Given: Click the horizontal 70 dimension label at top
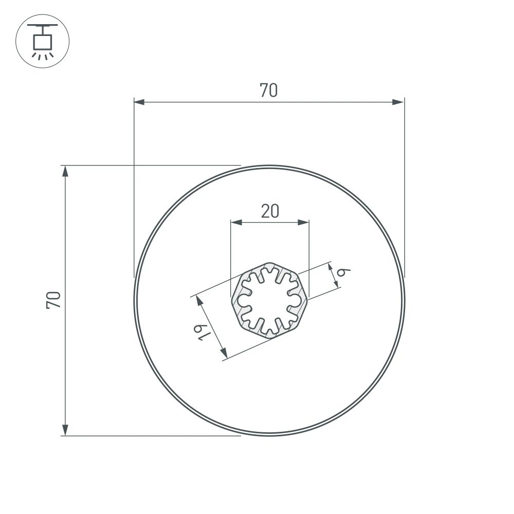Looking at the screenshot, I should pyautogui.click(x=268, y=90).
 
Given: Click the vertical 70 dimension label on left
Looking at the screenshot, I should pyautogui.click(x=54, y=300).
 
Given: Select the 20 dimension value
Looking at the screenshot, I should pyautogui.click(x=270, y=211).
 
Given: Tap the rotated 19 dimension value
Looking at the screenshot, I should pyautogui.click(x=203, y=332).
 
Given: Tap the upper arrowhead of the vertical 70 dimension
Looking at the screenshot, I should pyautogui.click(x=65, y=171).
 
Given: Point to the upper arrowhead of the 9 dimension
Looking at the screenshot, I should pyautogui.click(x=330, y=267).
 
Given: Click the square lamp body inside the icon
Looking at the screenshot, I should pyautogui.click(x=43, y=41).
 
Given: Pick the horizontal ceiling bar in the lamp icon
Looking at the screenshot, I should pyautogui.click(x=43, y=26).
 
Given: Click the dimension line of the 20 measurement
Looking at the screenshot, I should pyautogui.click(x=270, y=223).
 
